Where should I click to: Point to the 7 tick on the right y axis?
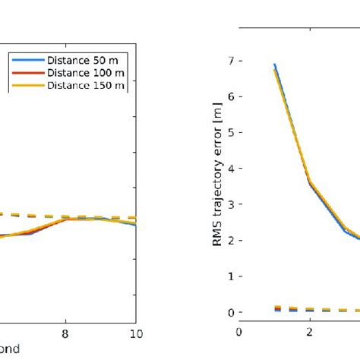tap(229, 61)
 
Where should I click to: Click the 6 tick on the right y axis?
tap(229, 96)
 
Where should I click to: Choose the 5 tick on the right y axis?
tap(229, 132)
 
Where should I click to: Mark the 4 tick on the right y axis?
tap(229, 168)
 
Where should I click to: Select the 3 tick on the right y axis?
tap(229, 204)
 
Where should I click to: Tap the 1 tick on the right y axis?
tap(229, 276)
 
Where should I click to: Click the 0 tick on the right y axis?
tap(229, 311)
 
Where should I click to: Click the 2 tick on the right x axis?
tap(310, 332)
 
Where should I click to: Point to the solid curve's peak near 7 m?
tap(274, 65)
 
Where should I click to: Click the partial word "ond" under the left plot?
tap(9, 349)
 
